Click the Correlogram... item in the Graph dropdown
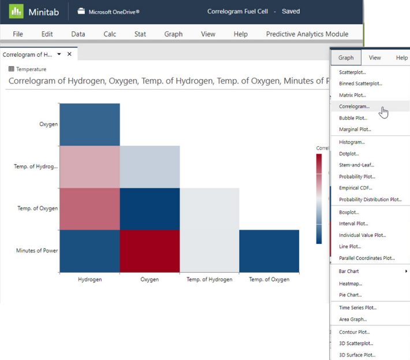tap(354, 106)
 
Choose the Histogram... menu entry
tap(352, 142)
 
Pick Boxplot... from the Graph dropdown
tap(349, 212)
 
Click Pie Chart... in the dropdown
tap(351, 295)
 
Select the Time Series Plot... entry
tap(357, 307)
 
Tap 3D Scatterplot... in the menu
tap(356, 343)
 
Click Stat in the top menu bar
tap(140, 34)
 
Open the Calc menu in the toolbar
tap(110, 34)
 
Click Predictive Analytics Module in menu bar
tap(311, 34)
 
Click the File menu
tap(18, 34)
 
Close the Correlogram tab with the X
tap(69, 54)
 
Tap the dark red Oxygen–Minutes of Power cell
tap(150, 251)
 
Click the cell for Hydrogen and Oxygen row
tap(90, 124)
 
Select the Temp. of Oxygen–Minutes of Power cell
tap(269, 251)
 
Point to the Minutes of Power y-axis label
tap(36, 250)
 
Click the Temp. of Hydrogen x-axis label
tap(209, 280)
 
